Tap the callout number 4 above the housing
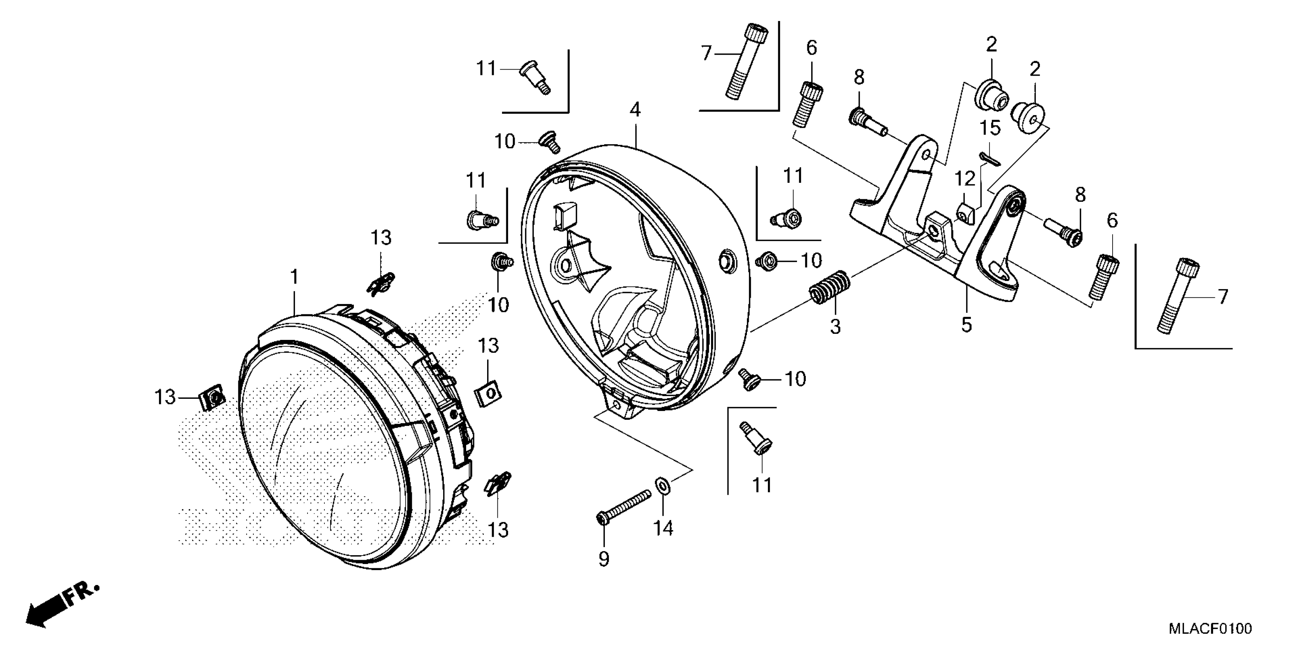tap(635, 109)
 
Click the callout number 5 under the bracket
tap(966, 325)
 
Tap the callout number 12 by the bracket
tap(965, 179)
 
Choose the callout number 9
tap(604, 559)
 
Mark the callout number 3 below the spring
tap(836, 327)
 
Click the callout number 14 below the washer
tap(663, 528)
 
